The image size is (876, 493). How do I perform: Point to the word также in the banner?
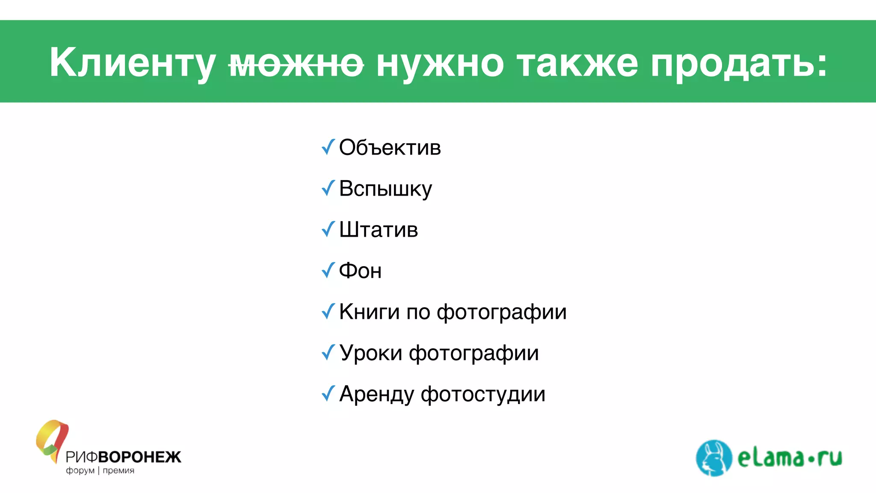click(x=577, y=63)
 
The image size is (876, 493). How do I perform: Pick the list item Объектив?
click(x=390, y=148)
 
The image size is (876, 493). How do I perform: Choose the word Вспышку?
click(x=385, y=189)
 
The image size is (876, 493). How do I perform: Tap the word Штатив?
click(x=378, y=230)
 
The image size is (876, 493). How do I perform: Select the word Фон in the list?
click(x=360, y=271)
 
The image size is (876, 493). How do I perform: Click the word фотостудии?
click(x=483, y=394)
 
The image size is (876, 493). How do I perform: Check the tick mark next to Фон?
click(x=328, y=270)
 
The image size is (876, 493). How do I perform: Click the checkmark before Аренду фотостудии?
click(x=328, y=393)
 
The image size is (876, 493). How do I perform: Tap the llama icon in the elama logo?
click(x=713, y=458)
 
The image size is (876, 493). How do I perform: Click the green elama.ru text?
click(x=790, y=458)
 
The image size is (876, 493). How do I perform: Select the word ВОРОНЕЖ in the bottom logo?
click(x=140, y=457)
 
